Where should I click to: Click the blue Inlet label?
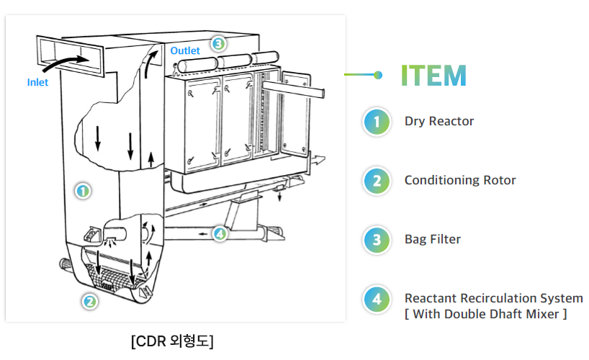[x=37, y=82]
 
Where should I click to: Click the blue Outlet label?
[x=185, y=51]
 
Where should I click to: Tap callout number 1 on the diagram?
[x=83, y=192]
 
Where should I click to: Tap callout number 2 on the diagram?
[x=89, y=302]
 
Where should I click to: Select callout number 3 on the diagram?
[x=218, y=43]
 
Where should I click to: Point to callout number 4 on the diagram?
[x=220, y=233]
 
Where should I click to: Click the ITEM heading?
[x=433, y=75]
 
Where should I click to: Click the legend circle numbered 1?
[x=377, y=122]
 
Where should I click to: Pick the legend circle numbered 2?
[x=377, y=181]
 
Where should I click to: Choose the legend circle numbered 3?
[x=377, y=240]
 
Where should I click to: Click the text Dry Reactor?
[x=439, y=121]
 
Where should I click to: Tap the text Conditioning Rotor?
[x=460, y=180]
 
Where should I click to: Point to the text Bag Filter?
[x=432, y=239]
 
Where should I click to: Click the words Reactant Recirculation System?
[x=493, y=298]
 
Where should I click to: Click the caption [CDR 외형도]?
[x=172, y=340]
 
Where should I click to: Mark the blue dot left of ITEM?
[x=379, y=75]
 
